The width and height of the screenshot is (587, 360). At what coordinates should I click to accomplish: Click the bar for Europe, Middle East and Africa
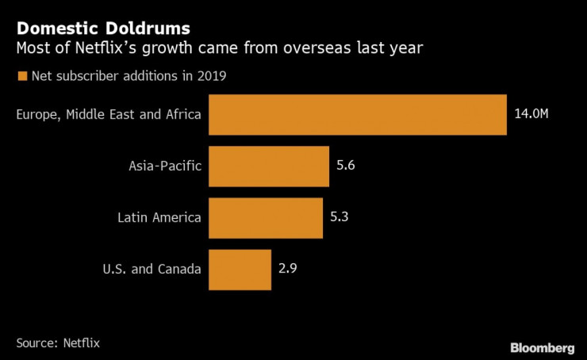358,115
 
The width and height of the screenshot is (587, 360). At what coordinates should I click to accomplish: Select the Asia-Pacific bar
269,166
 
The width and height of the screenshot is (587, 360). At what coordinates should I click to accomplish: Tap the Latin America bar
266,216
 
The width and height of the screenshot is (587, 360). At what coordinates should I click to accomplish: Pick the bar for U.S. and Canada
240,268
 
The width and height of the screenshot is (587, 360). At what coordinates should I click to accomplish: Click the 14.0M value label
531,115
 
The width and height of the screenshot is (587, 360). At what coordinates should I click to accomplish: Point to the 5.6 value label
345,166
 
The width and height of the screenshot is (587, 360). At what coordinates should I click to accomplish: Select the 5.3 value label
339,216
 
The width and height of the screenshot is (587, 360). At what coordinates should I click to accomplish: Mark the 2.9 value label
287,268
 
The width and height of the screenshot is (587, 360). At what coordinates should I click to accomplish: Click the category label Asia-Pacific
165,166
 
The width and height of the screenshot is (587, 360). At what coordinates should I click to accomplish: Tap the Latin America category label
159,216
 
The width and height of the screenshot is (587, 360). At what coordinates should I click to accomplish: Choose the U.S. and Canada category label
152,268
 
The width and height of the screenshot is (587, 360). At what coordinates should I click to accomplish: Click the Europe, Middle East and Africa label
109,115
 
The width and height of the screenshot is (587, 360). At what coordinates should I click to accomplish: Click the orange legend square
21,77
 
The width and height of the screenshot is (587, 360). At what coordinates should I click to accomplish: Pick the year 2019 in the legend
215,77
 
